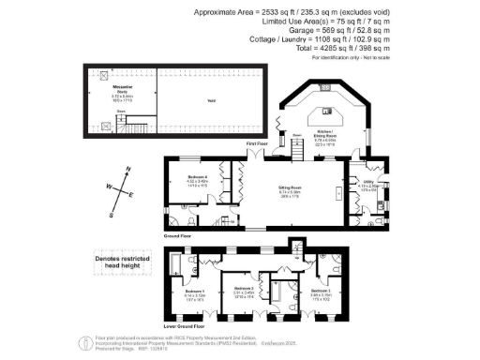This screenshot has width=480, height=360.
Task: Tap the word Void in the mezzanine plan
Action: click(212, 101)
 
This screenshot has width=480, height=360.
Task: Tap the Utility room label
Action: click(368, 185)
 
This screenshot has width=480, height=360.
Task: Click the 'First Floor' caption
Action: click(257, 143)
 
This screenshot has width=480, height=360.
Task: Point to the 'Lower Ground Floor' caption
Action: click(185, 327)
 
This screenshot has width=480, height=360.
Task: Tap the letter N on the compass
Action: click(126, 173)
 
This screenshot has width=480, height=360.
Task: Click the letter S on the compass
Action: click(112, 214)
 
